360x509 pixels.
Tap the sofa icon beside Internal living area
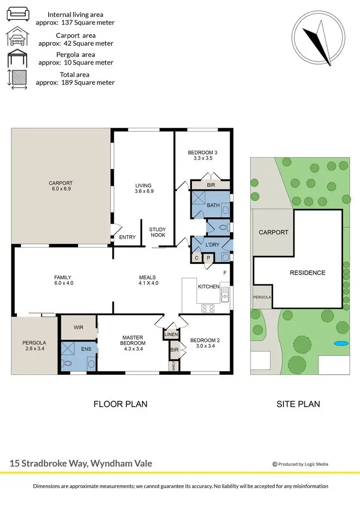point(18,13)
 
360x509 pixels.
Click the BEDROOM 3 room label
point(202,153)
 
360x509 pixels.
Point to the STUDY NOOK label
point(158,232)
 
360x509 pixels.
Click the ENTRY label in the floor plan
point(127,238)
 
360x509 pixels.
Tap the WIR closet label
point(79,328)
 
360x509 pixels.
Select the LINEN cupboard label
point(171,335)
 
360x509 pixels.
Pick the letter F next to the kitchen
point(225,273)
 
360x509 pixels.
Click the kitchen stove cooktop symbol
point(208,308)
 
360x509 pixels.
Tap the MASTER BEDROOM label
point(133,340)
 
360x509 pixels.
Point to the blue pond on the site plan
point(340,343)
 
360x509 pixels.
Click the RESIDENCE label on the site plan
point(308,272)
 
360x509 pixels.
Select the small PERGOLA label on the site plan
point(262,297)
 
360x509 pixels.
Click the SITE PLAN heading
point(298,404)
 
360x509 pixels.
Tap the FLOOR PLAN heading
point(120,404)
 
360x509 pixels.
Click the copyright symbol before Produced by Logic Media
point(274,464)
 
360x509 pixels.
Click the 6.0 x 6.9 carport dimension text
point(61,189)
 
